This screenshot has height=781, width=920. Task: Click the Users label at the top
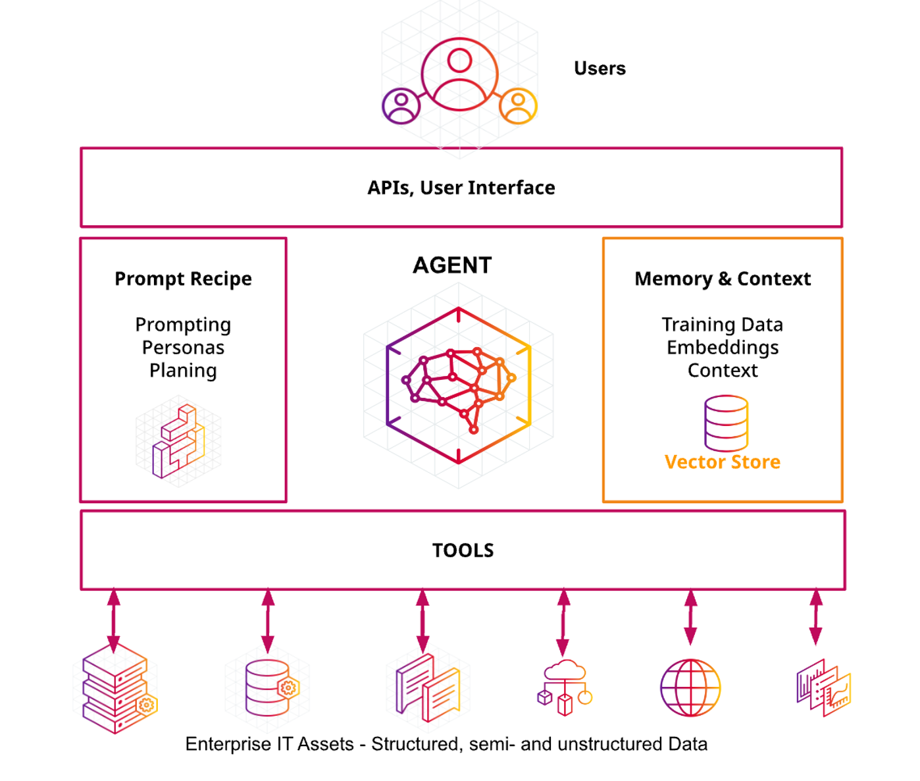pyautogui.click(x=600, y=68)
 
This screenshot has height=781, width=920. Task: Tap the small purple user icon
pyautogui.click(x=401, y=105)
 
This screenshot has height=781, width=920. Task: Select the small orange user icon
pyautogui.click(x=519, y=105)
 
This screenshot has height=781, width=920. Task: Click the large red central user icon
pyautogui.click(x=459, y=74)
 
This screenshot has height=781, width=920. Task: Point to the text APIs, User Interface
pyautogui.click(x=461, y=188)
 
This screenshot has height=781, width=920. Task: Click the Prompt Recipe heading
pyautogui.click(x=183, y=279)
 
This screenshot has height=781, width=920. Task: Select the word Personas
pyautogui.click(x=183, y=348)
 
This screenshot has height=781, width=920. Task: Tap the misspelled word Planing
pyautogui.click(x=183, y=371)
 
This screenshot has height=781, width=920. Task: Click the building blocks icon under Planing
pyautogui.click(x=178, y=441)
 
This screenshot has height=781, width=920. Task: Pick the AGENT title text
pyautogui.click(x=452, y=265)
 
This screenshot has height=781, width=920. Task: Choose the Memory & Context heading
pyautogui.click(x=722, y=279)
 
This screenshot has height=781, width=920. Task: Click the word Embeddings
pyautogui.click(x=722, y=348)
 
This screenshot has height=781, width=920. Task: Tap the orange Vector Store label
pyautogui.click(x=722, y=462)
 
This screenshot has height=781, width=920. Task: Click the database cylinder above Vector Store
pyautogui.click(x=726, y=422)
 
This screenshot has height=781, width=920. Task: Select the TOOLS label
pyautogui.click(x=463, y=551)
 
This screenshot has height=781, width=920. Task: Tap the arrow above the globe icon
pyautogui.click(x=690, y=617)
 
